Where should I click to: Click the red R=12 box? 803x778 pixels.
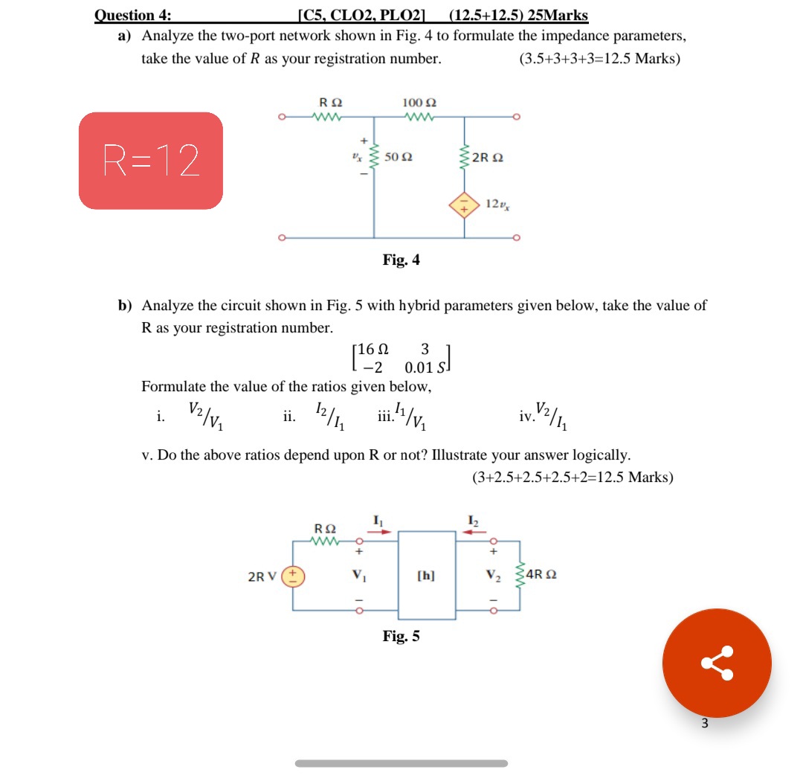(x=151, y=160)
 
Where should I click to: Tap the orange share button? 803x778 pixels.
(x=717, y=663)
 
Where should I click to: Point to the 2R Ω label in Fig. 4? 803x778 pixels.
(x=491, y=158)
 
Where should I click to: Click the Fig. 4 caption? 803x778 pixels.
(x=401, y=260)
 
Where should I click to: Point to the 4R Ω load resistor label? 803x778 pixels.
(x=541, y=575)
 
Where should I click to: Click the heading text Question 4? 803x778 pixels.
(x=131, y=15)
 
